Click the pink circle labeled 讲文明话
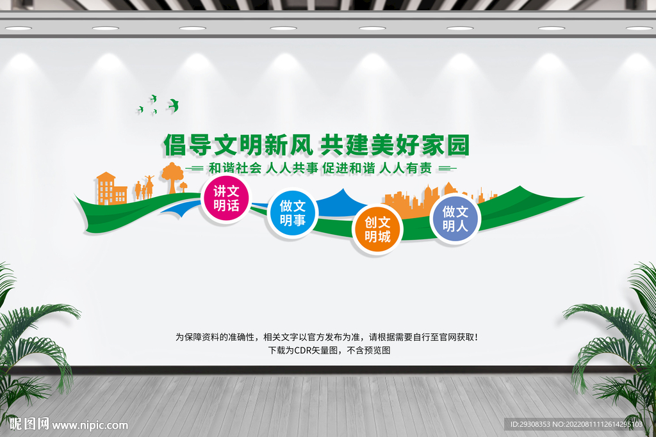(x=226, y=198)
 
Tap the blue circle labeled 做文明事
(x=292, y=214)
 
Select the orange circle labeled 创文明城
(x=377, y=230)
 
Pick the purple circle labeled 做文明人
(x=455, y=218)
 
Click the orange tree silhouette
(x=172, y=175)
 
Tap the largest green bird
(x=173, y=105)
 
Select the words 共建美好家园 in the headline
(x=395, y=145)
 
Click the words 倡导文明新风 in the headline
(x=238, y=145)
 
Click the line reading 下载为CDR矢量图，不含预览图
(x=329, y=350)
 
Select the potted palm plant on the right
(x=615, y=346)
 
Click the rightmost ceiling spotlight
(x=638, y=28)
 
